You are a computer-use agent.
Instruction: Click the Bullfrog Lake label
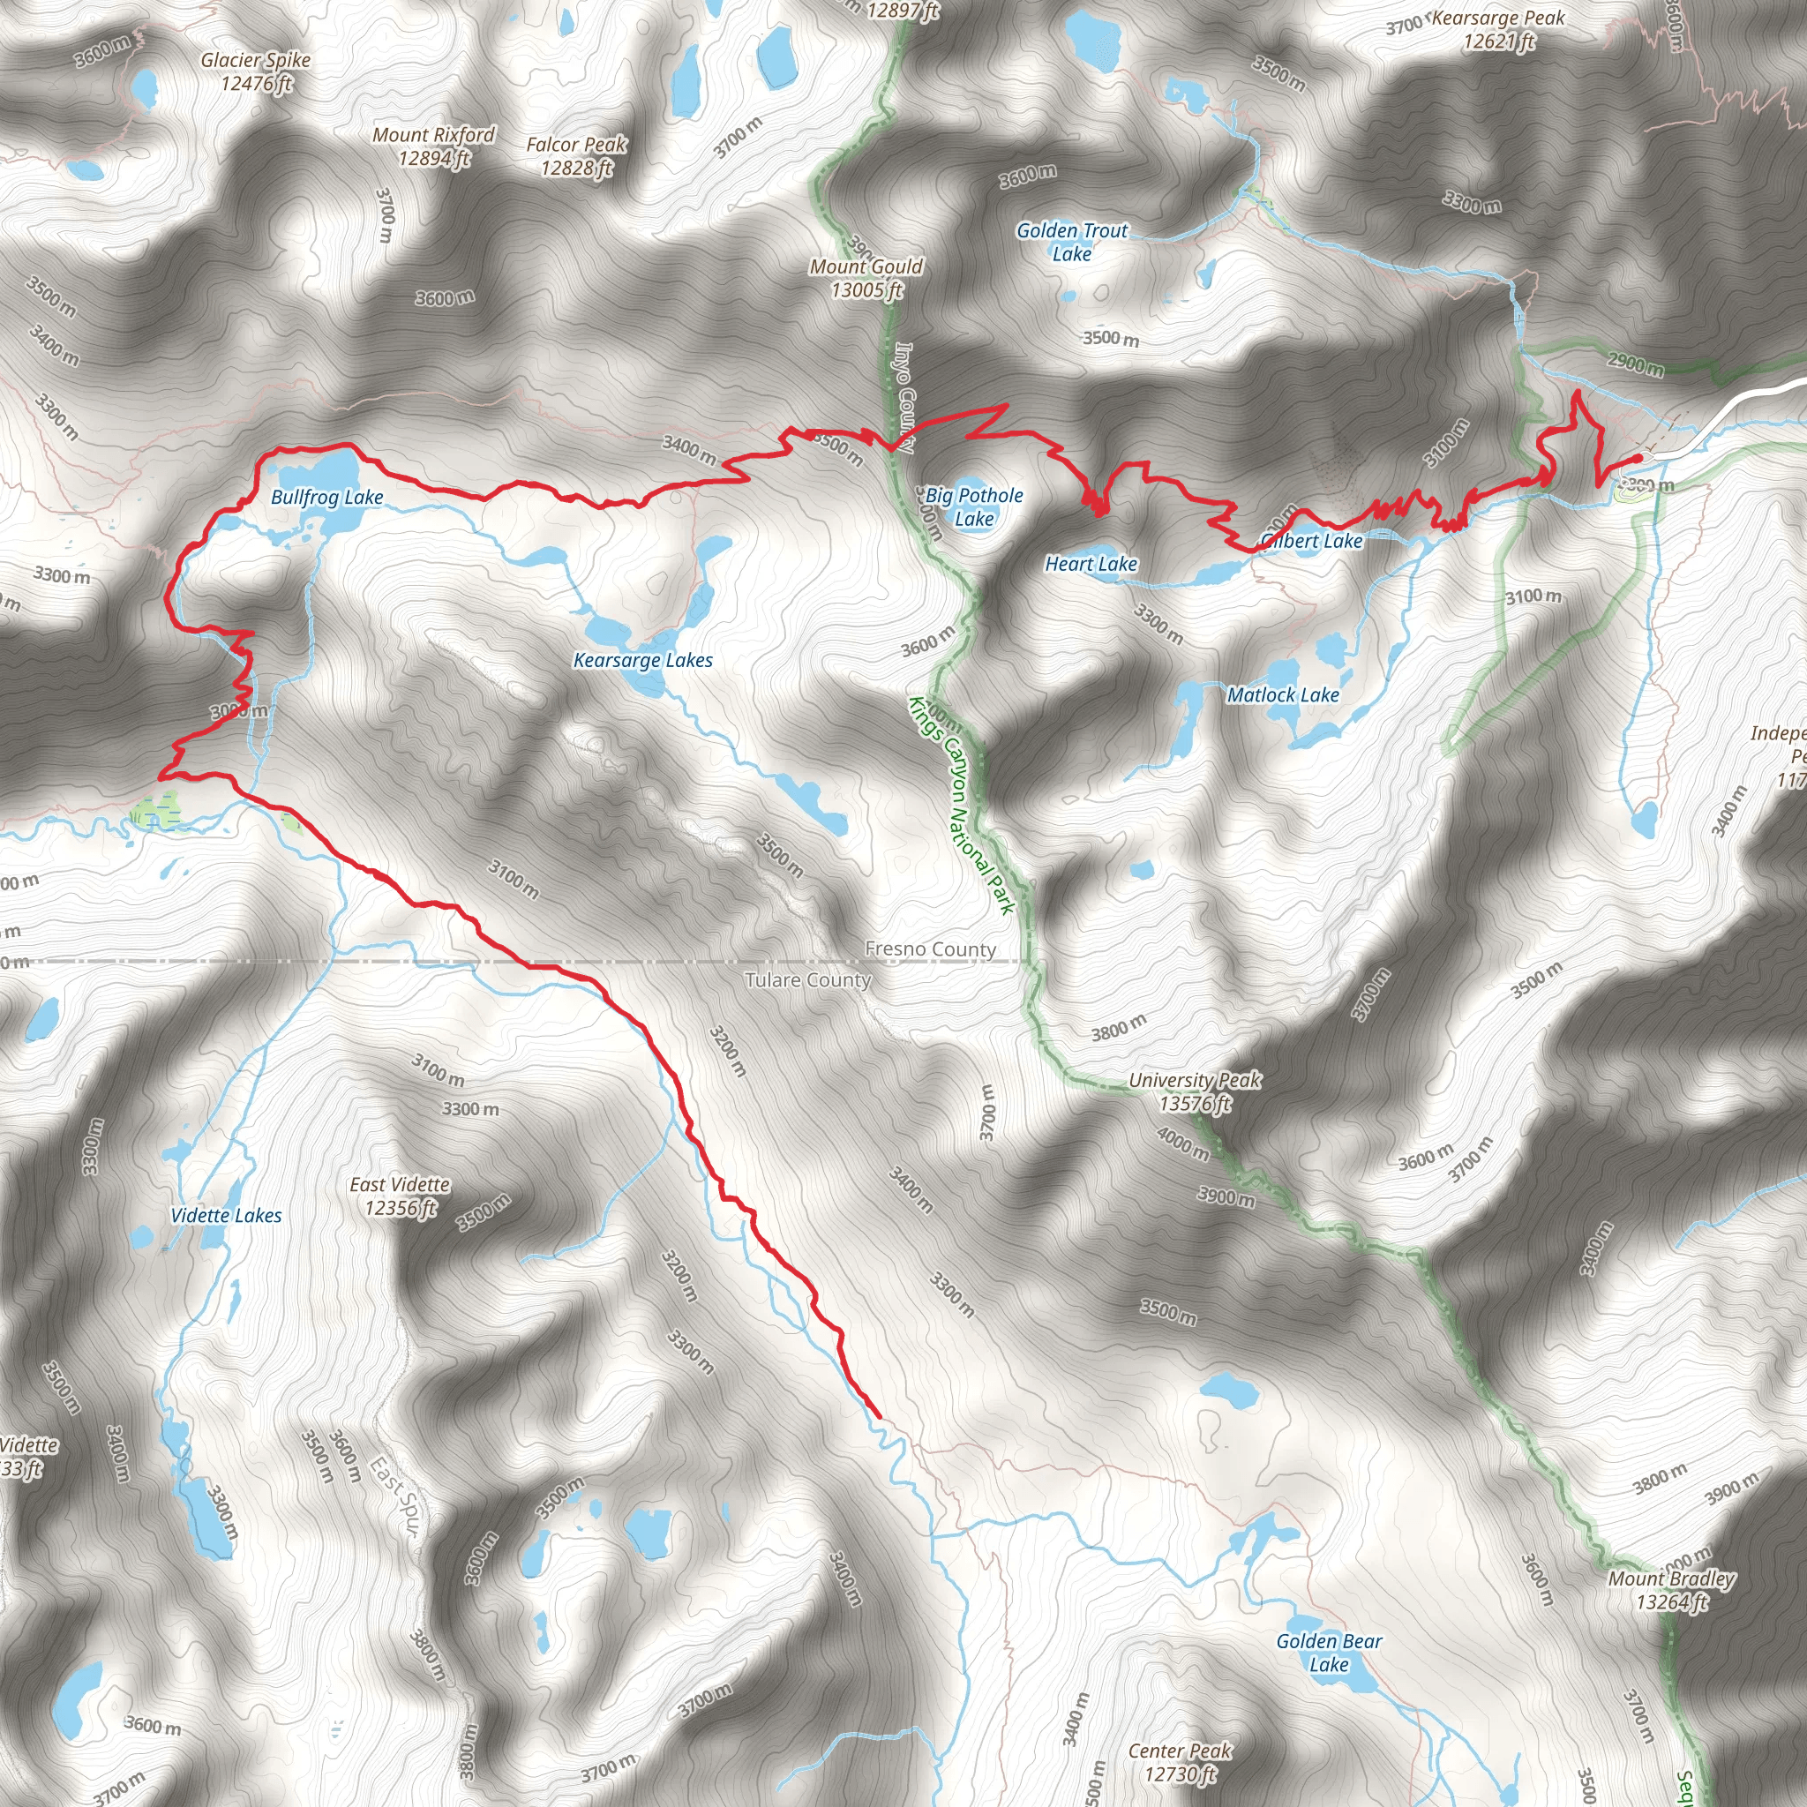326,497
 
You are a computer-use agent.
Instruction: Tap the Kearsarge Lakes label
642,660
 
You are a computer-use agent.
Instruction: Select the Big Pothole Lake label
974,507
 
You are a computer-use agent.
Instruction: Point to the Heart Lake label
1091,564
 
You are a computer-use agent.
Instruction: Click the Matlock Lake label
1282,695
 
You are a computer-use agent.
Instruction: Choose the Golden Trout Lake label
1072,243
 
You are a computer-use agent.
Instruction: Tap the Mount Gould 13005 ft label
866,279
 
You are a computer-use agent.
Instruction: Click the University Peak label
1195,1091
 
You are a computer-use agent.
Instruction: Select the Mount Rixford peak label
433,146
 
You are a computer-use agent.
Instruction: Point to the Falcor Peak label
576,156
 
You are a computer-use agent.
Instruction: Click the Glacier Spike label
255,72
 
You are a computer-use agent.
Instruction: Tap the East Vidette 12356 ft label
401,1196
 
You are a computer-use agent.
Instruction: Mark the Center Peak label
1180,1762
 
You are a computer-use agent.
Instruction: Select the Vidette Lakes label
227,1216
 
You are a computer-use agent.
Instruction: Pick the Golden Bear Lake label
1328,1653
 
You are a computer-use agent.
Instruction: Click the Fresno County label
930,949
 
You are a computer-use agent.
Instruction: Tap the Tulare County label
807,980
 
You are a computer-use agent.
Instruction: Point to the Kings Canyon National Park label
962,805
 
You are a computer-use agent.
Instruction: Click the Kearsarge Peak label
1498,30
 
